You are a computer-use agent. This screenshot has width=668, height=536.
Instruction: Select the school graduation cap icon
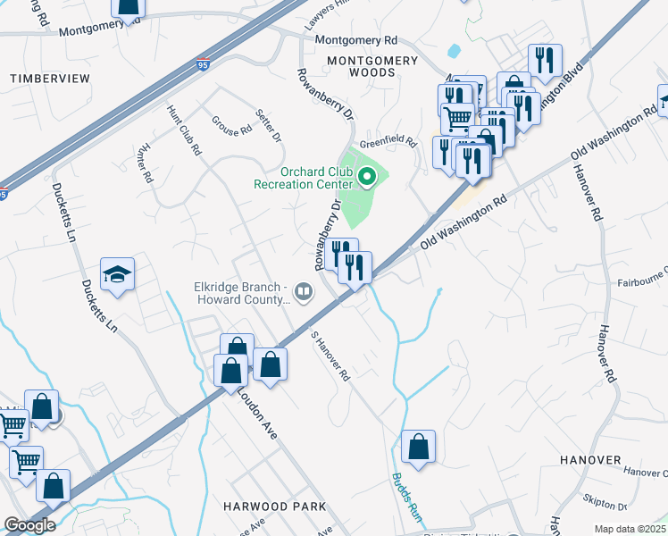pos(117,275)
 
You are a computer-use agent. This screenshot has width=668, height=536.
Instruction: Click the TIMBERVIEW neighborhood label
pos(50,79)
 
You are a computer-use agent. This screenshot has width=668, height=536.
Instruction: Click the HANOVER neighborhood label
pos(590,459)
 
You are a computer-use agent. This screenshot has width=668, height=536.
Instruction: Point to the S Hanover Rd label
pos(330,358)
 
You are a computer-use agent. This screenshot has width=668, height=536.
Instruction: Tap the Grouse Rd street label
pos(232,126)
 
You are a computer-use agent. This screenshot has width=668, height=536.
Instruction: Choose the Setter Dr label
pos(268,126)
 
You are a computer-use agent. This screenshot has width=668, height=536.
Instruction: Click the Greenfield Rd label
pos(388,142)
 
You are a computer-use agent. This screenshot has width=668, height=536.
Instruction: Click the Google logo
pos(29,525)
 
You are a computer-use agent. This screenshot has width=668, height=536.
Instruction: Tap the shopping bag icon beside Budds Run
pos(418,447)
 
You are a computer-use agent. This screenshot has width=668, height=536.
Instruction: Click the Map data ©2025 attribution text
pos(630,529)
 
